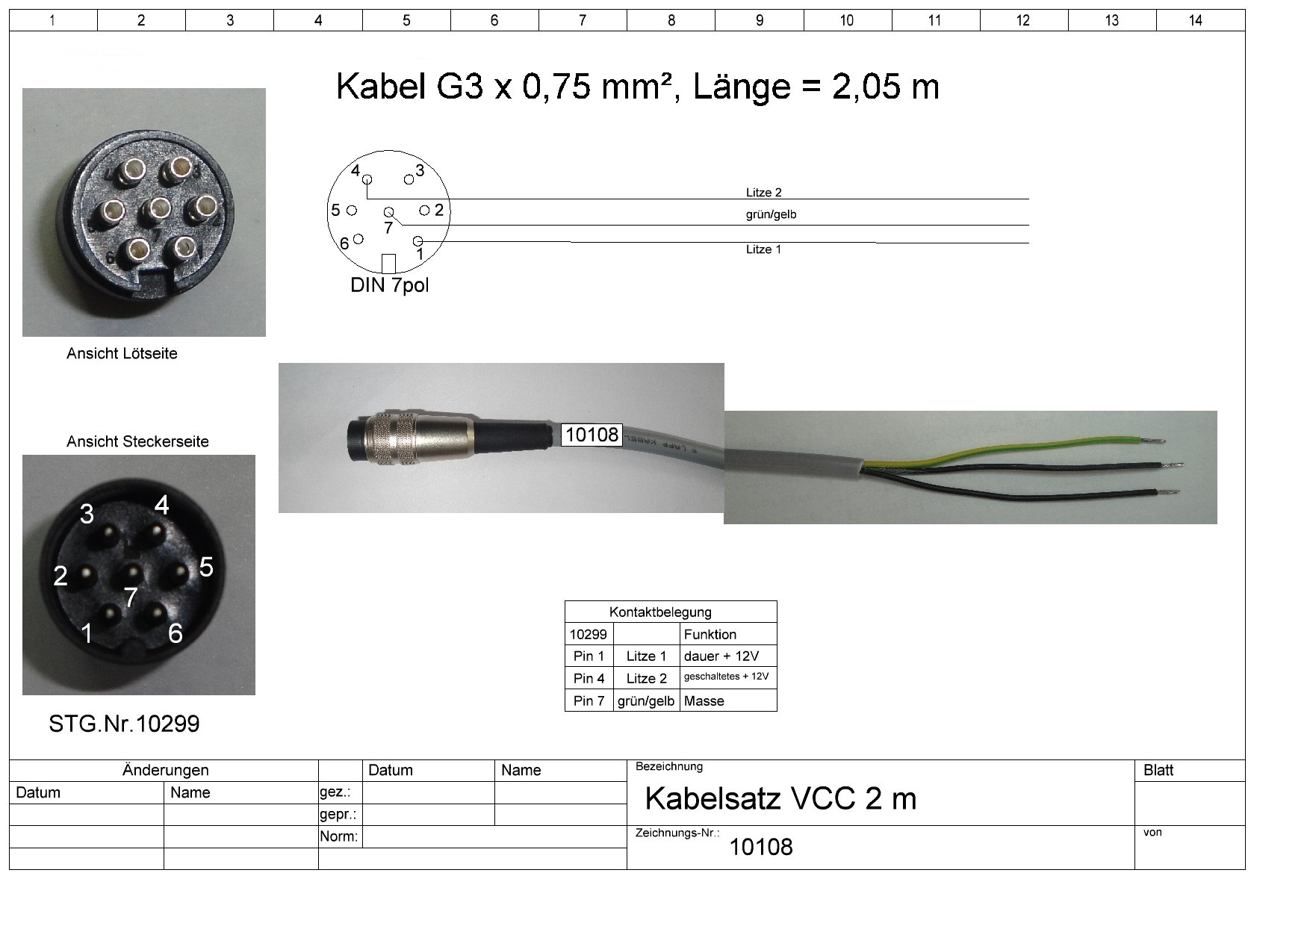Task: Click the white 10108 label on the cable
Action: point(592,435)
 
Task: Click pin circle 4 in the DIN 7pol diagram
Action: point(367,178)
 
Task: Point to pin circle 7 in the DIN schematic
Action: point(388,212)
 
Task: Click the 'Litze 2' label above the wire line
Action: point(763,193)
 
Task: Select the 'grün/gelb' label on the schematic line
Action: point(771,215)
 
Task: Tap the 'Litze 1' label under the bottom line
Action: point(763,249)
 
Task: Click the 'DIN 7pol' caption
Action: point(389,285)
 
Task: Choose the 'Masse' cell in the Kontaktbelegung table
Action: point(704,700)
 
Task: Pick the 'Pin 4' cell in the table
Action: point(589,678)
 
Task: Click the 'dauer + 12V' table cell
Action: point(721,656)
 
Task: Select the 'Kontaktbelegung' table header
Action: point(660,612)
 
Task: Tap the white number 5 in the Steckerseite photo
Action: point(206,567)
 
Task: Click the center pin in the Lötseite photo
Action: point(156,211)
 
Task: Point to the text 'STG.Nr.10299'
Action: point(124,724)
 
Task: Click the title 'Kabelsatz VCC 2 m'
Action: point(780,799)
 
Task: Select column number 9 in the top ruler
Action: point(759,20)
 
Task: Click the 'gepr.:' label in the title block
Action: point(338,815)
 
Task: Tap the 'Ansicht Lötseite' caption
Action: point(122,354)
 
